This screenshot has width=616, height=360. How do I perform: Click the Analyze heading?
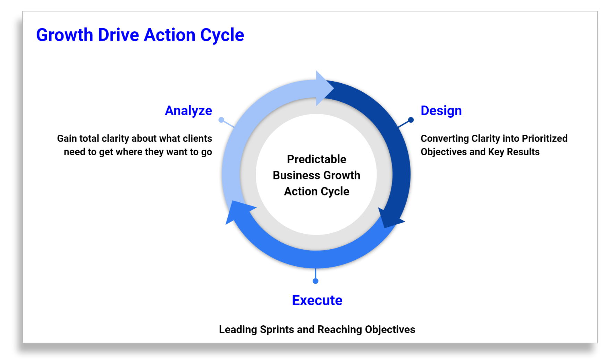coord(188,111)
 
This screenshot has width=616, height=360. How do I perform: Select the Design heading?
coord(441,111)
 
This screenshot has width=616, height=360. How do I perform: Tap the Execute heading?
coord(317,300)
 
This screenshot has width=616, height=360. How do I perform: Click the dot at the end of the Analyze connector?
coord(221,120)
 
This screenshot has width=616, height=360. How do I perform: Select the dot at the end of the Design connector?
coord(411,120)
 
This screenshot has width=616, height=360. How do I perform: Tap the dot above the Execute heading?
coord(315,281)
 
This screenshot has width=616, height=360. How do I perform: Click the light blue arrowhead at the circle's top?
coord(323,88)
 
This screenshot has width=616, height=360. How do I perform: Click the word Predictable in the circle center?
coord(317,159)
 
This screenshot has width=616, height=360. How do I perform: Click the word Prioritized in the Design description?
coord(545,139)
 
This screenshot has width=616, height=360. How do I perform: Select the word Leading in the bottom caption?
coord(238,329)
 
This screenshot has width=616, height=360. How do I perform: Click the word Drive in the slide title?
coord(119,35)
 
